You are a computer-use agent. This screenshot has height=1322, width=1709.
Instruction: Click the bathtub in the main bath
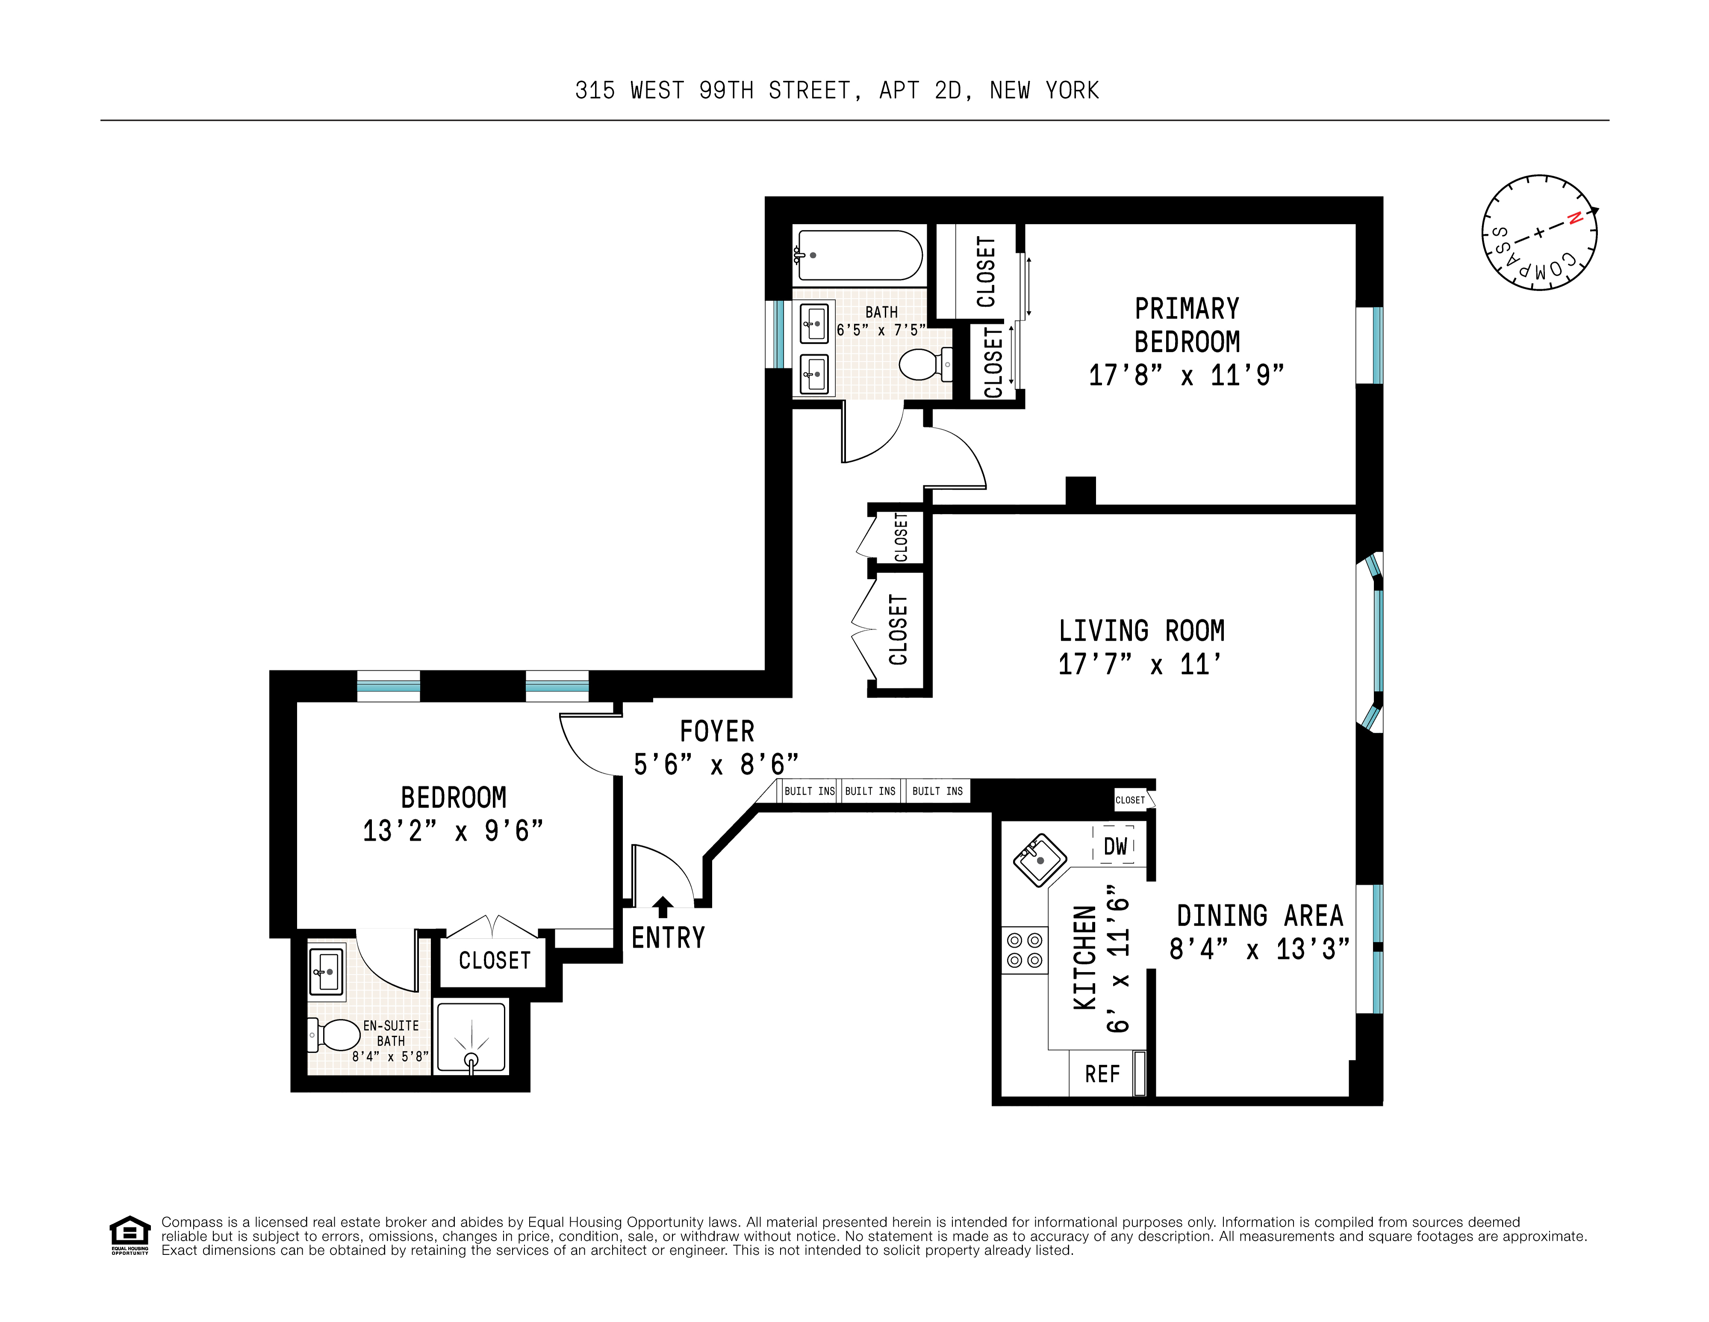(858, 255)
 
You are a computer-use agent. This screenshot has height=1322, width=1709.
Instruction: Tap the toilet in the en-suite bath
(335, 1035)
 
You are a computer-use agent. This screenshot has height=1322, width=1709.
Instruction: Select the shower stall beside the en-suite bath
(471, 1037)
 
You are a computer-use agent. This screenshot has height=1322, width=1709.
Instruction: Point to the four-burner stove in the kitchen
(1024, 950)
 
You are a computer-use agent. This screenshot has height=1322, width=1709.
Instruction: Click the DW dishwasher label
(1115, 846)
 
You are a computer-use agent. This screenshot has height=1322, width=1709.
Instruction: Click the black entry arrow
(663, 906)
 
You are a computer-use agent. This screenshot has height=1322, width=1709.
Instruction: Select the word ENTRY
(668, 938)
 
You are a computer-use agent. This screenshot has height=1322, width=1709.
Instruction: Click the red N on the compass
(1575, 219)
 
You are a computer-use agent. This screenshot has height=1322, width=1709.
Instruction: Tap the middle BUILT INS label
(870, 791)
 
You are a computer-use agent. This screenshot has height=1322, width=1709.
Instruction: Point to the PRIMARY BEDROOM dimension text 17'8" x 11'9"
(1186, 376)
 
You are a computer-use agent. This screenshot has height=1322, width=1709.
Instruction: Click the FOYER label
(717, 732)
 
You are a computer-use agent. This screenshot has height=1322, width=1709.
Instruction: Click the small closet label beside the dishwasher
(1130, 800)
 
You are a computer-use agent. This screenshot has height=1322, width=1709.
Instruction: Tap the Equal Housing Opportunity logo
(129, 1235)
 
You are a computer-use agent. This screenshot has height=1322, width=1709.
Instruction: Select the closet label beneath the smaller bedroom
(495, 961)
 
